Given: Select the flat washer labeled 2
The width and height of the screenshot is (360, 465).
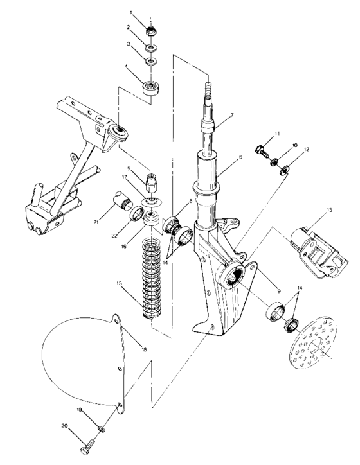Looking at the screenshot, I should tap(152, 48).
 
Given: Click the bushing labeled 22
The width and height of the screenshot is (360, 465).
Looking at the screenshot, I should tap(137, 213).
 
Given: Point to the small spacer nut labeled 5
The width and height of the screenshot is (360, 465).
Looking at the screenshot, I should tap(152, 182).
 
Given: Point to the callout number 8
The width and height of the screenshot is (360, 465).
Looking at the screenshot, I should tap(190, 201).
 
